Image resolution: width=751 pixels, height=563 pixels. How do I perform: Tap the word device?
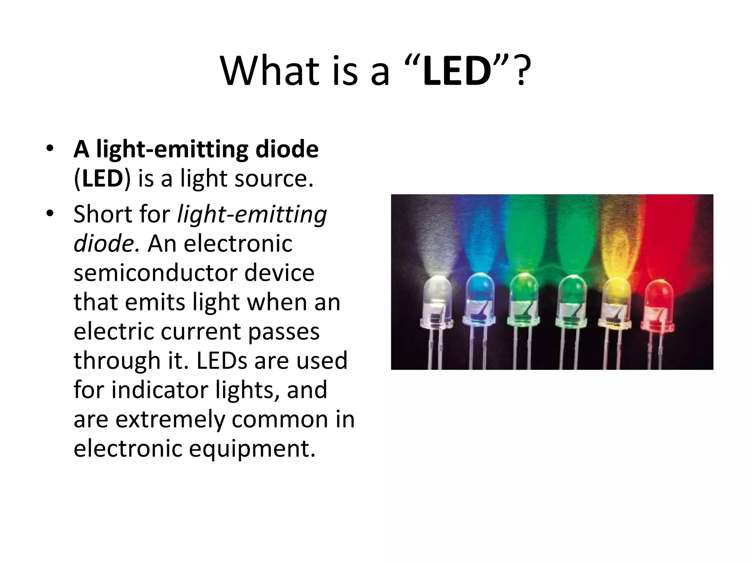pyautogui.click(x=279, y=273)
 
